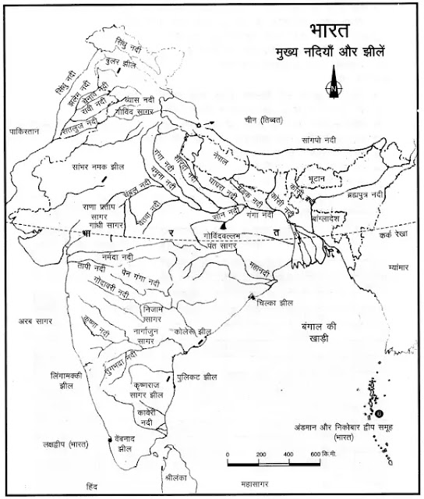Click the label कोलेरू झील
point(196,330)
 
